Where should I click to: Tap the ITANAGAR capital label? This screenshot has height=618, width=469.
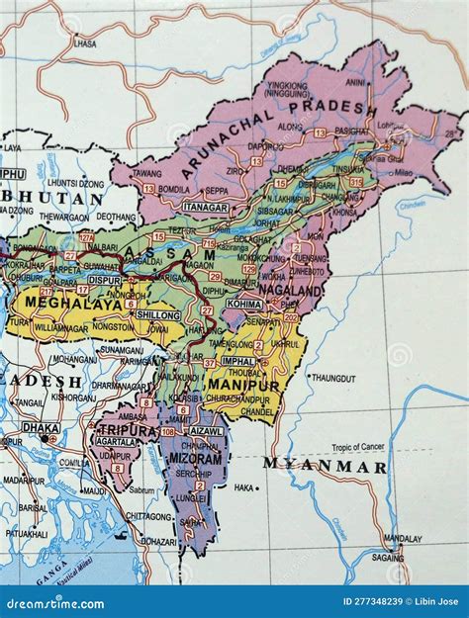click(x=207, y=208)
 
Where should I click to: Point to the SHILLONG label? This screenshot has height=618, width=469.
click(x=157, y=314)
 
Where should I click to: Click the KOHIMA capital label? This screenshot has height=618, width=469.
click(x=244, y=305)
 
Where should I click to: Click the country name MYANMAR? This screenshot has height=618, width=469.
click(x=325, y=466)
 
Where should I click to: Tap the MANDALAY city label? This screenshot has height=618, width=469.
click(x=403, y=540)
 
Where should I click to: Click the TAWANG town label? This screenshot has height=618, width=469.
click(x=146, y=173)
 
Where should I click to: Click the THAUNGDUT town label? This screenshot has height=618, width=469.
click(x=332, y=378)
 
